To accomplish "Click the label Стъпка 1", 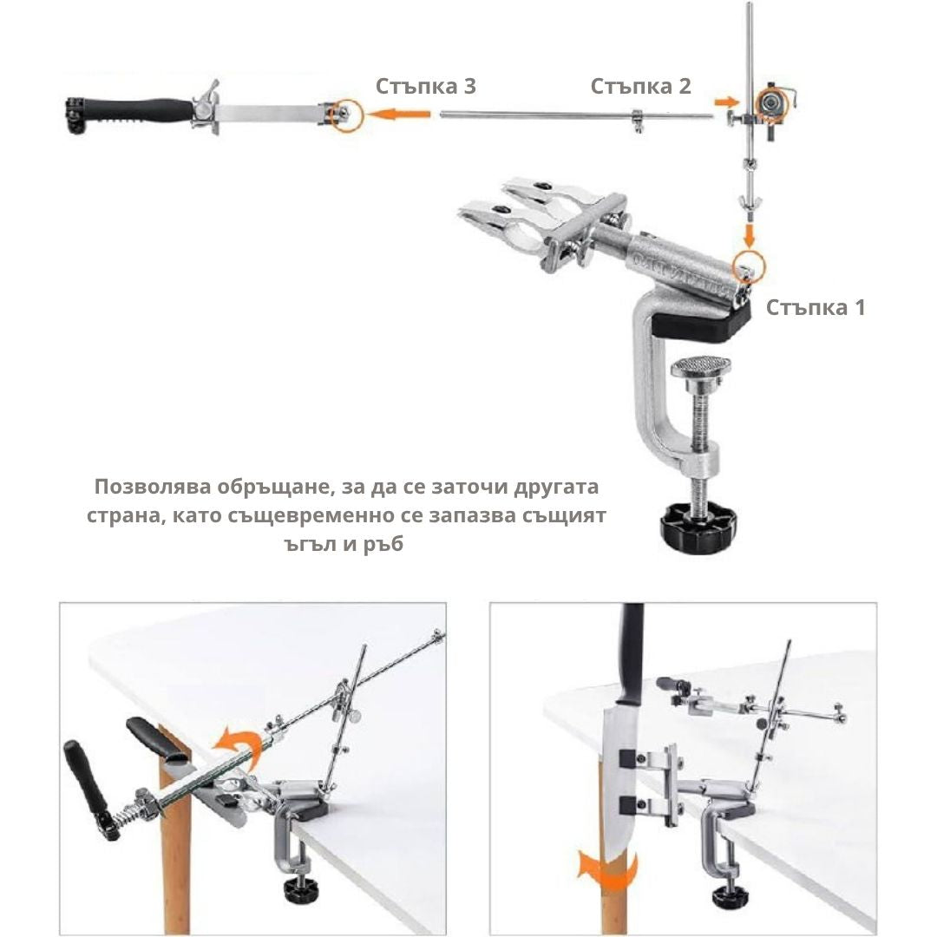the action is tap(815, 307).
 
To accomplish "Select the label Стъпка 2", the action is tap(640, 86).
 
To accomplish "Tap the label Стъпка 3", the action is tap(425, 86).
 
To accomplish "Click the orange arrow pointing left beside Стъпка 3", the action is tap(398, 114).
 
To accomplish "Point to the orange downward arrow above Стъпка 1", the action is tap(750, 233).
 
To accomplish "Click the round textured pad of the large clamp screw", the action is tap(700, 365).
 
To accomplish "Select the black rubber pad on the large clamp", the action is tap(700, 324).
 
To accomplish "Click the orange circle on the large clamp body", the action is tap(749, 266).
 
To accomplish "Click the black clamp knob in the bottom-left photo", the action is tap(301, 888).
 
